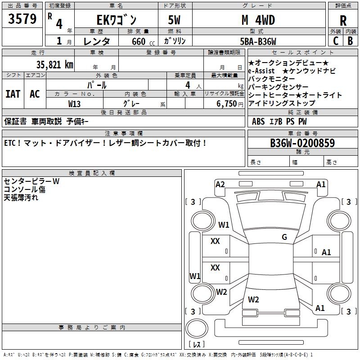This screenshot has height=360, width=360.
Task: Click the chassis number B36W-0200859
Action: point(302,144)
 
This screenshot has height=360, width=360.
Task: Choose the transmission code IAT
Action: point(13,94)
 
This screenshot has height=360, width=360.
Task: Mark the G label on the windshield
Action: point(284,237)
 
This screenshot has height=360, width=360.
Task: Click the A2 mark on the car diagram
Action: point(220,184)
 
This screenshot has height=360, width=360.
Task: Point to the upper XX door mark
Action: point(215,241)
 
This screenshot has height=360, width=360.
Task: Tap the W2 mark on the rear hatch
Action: point(253,299)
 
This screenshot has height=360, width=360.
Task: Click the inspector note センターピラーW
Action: point(31,181)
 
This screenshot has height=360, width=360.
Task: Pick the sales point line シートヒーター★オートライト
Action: point(295,95)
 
